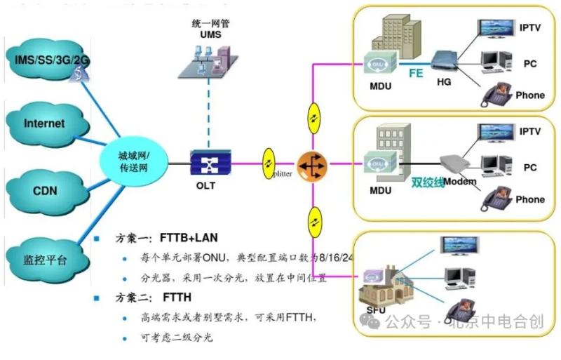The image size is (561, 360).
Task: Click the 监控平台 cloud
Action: click(45, 260)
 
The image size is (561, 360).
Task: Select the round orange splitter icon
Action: click(311, 164)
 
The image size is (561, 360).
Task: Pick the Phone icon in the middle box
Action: click(496, 198)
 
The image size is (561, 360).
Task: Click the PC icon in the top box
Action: click(497, 61)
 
